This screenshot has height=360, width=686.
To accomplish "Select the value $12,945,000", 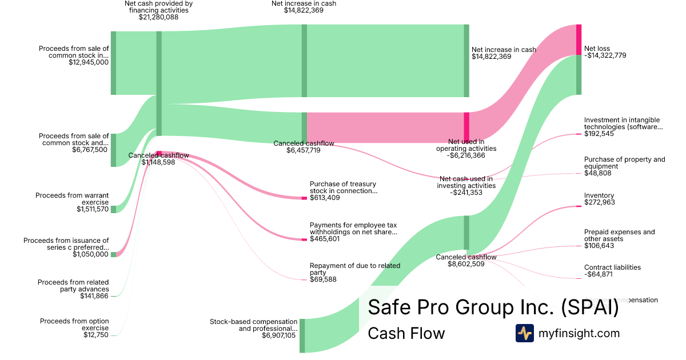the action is (88, 62).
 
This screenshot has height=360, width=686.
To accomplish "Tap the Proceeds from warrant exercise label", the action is (72, 199).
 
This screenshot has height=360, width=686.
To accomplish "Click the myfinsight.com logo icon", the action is (525, 333).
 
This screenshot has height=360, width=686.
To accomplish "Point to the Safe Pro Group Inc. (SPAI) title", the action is (493, 307).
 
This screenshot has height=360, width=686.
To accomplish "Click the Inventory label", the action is (599, 195).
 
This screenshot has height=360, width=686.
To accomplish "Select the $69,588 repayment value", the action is (323, 279).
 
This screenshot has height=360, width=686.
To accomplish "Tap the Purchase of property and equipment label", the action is (625, 163).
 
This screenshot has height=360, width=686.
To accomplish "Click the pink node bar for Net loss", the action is (579, 39).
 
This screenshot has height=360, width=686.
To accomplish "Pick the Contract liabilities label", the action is (612, 267).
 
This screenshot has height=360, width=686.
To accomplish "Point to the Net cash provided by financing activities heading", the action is (159, 7).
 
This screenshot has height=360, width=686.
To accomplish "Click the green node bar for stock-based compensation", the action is (302, 335).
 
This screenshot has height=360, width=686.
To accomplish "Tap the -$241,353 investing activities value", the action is (465, 193).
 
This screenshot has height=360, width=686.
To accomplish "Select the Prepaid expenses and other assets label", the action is (620, 235).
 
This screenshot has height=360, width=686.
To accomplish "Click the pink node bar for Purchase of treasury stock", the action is (304, 198).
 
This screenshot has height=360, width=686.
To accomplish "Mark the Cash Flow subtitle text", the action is (406, 333).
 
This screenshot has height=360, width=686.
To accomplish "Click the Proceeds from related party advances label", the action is (73, 286).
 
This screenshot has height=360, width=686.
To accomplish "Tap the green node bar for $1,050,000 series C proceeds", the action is (113, 254).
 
